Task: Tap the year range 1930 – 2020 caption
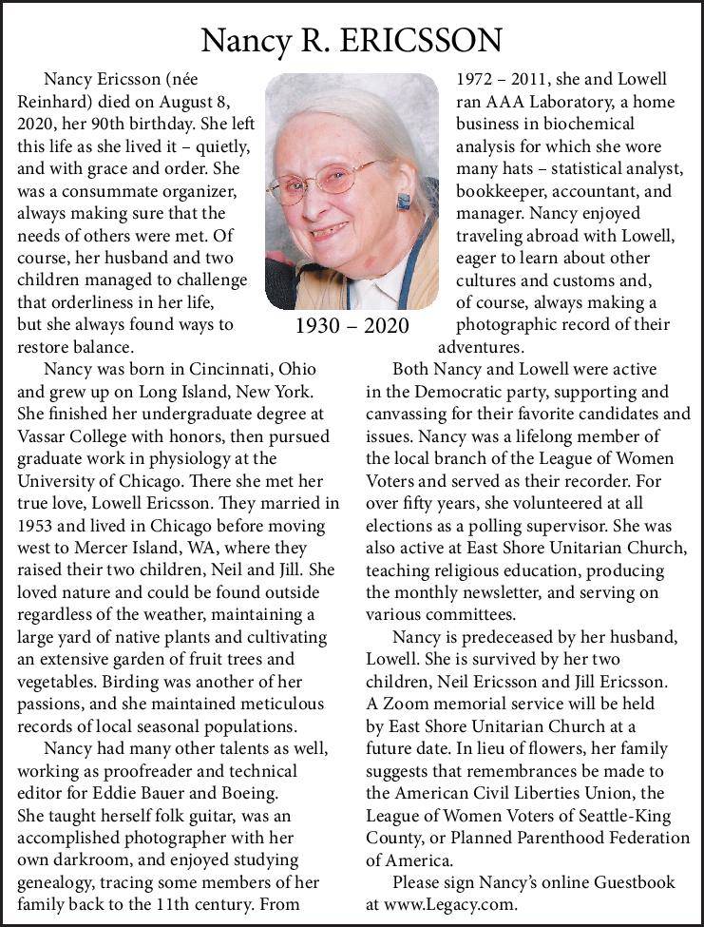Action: [352, 326]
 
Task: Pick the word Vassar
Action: [44, 436]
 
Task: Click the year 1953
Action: [39, 526]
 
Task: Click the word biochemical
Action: [588, 124]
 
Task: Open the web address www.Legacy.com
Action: [452, 904]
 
